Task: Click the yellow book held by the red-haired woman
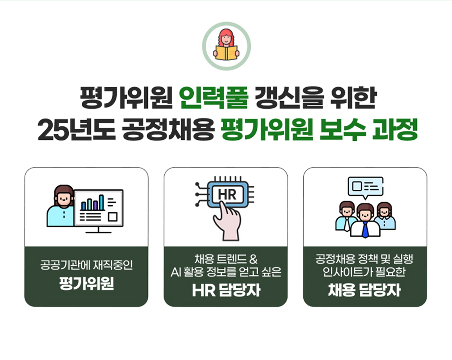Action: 226,53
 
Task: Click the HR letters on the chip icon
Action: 227,195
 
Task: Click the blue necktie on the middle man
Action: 365,230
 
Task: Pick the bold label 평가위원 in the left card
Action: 86,284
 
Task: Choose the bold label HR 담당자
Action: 226,290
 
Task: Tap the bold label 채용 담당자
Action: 364,290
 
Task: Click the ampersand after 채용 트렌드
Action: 253,259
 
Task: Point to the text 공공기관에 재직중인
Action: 86,265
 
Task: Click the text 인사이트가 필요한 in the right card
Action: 364,271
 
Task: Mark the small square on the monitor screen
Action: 113,217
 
